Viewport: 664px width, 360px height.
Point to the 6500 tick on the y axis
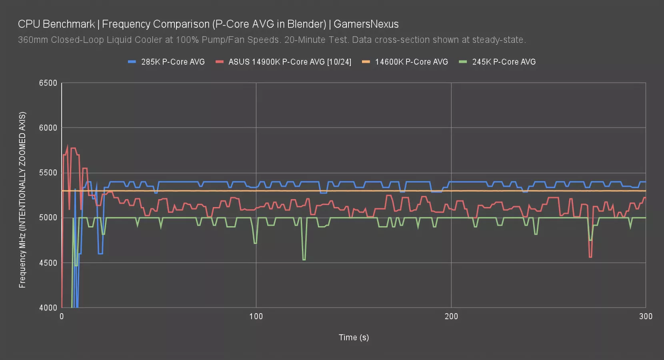(48, 83)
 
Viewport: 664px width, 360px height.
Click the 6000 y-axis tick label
(48, 128)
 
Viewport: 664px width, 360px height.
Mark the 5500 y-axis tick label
(48, 173)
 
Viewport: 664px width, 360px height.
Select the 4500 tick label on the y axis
(48, 263)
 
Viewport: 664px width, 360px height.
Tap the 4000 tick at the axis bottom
(48, 308)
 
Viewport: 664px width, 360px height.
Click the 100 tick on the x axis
(256, 316)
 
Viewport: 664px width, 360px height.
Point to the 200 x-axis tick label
(451, 316)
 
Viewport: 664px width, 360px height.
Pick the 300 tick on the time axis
(646, 316)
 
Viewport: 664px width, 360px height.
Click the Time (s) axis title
(354, 337)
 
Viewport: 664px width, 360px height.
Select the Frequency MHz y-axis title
(22, 200)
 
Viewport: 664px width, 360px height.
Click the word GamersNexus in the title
(366, 24)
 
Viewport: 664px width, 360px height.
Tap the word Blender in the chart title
(305, 24)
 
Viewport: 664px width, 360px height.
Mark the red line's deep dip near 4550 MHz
(590, 257)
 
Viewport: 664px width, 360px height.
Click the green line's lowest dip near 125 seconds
(304, 260)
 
